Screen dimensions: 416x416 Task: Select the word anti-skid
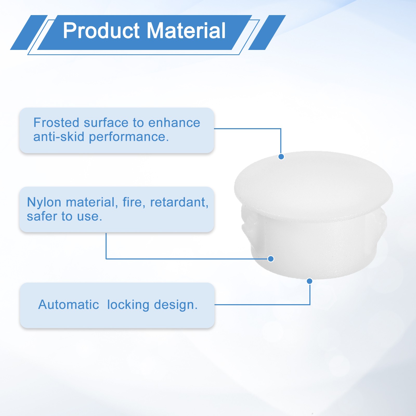tap(59, 137)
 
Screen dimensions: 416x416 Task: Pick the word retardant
tap(179, 202)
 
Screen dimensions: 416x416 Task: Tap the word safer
tap(42, 217)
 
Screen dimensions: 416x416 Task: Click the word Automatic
tap(69, 304)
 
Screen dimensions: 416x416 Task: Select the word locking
tap(128, 305)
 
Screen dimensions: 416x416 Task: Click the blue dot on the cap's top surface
tap(281, 157)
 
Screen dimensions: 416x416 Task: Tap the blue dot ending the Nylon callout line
tap(271, 259)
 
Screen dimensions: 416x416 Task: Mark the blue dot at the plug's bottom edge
tap(309, 281)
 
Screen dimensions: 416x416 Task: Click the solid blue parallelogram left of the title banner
tap(29, 32)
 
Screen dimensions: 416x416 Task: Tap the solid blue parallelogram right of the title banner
tap(267, 32)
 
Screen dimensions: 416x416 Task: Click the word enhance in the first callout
tap(174, 123)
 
